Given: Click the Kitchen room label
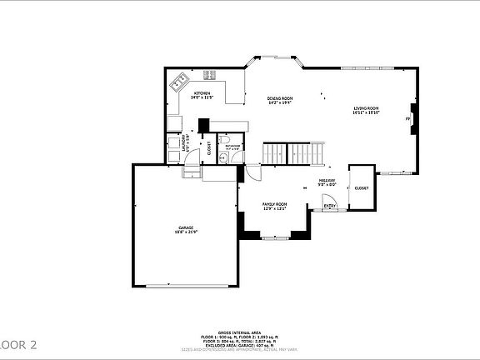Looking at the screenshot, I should [202, 94].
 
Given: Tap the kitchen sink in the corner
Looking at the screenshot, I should [177, 82].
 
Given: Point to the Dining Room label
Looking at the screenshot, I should [280, 100].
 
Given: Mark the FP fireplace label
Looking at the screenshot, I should [407, 119].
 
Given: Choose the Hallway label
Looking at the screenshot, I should [327, 182].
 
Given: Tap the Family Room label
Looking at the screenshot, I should [275, 206].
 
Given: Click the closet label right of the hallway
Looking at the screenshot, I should [362, 188].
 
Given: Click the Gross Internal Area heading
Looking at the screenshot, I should [240, 332].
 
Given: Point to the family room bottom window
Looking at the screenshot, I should [275, 238].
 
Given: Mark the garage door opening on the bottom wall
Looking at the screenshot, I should [185, 286].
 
